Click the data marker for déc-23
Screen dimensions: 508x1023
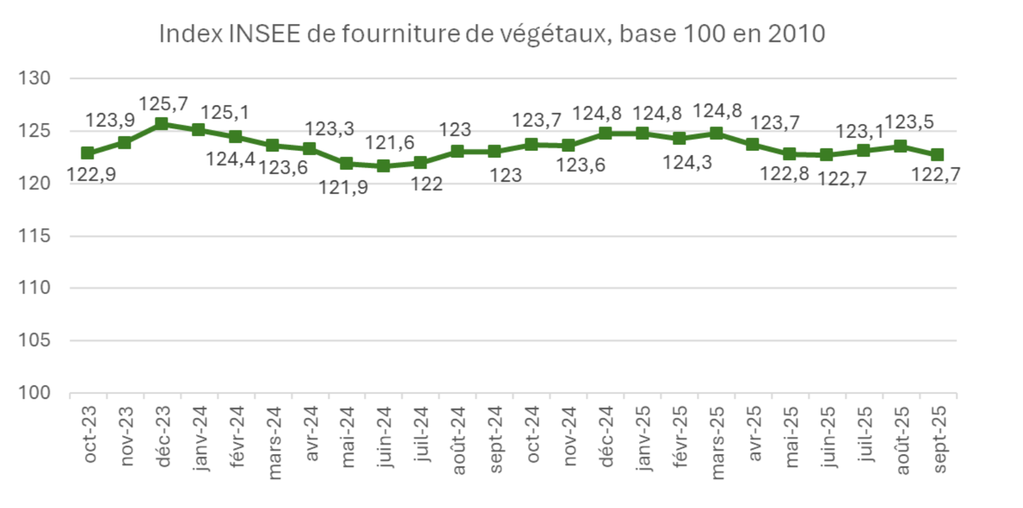161,124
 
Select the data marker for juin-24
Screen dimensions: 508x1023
383,166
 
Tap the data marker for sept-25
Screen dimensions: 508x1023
937,155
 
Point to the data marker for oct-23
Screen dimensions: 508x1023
88,153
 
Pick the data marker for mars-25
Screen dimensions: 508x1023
716,133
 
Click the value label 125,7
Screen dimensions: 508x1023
163,104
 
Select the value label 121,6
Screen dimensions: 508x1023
389,143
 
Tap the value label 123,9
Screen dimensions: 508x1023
110,120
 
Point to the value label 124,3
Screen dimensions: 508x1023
687,163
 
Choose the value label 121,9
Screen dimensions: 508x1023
343,187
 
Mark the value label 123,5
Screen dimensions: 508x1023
909,122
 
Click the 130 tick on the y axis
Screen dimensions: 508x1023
34,79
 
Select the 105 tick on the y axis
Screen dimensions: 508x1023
34,340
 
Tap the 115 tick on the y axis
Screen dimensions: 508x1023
34,236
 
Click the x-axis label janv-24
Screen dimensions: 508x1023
200,438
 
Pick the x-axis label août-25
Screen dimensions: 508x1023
902,440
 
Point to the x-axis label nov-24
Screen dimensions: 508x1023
569,436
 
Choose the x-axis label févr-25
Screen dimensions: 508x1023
680,437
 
